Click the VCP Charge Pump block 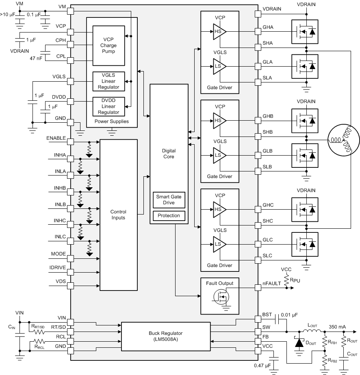click(108, 46)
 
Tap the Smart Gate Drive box click(169, 199)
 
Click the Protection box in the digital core click(169, 215)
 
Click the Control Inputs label click(118, 215)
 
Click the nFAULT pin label click(272, 283)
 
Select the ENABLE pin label click(56, 138)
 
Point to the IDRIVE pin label click(58, 268)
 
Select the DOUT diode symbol click(299, 342)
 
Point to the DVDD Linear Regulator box click(108, 106)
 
